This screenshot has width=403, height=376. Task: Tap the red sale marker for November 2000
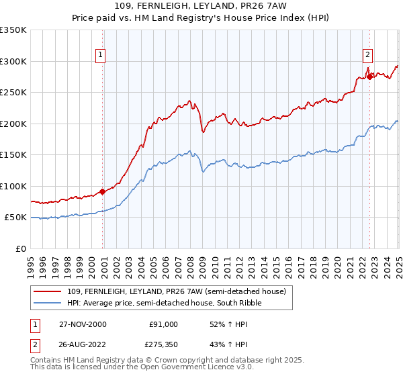coord(103,191)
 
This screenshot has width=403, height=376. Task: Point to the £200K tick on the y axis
coord(13,124)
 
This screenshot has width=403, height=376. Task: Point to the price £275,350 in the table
coord(165,344)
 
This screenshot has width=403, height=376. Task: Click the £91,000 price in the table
coord(164,324)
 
